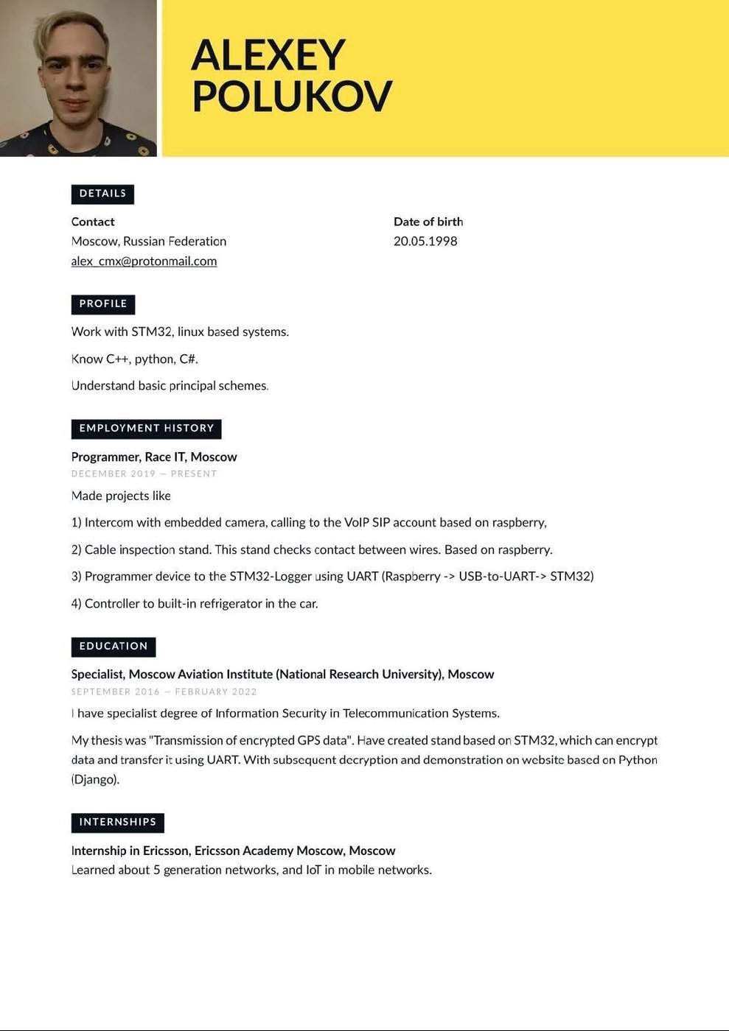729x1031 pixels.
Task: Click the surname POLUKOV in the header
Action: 292,96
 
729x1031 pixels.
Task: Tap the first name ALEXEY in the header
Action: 268,55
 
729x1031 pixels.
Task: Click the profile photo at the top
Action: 78,78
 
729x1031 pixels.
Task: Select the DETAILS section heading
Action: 102,194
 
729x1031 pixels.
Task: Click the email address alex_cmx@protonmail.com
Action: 144,261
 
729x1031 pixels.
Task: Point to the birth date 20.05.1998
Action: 425,242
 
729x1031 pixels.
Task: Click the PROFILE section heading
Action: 103,304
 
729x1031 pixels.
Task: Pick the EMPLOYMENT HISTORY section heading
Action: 146,429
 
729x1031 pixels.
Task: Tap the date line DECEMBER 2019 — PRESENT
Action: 144,474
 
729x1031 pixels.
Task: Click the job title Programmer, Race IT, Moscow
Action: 154,457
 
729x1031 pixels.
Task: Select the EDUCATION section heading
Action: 114,647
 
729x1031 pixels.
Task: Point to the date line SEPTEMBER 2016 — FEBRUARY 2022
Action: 164,692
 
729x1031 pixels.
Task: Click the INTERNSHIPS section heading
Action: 117,823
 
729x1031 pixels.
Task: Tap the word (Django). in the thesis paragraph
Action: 95,779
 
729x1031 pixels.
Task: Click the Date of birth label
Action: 428,222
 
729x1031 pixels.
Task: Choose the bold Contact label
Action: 93,222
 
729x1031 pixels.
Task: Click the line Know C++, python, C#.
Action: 135,359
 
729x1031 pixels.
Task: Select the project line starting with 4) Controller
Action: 195,604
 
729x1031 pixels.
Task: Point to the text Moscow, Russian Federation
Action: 149,242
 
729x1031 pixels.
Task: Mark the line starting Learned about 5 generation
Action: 251,870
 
